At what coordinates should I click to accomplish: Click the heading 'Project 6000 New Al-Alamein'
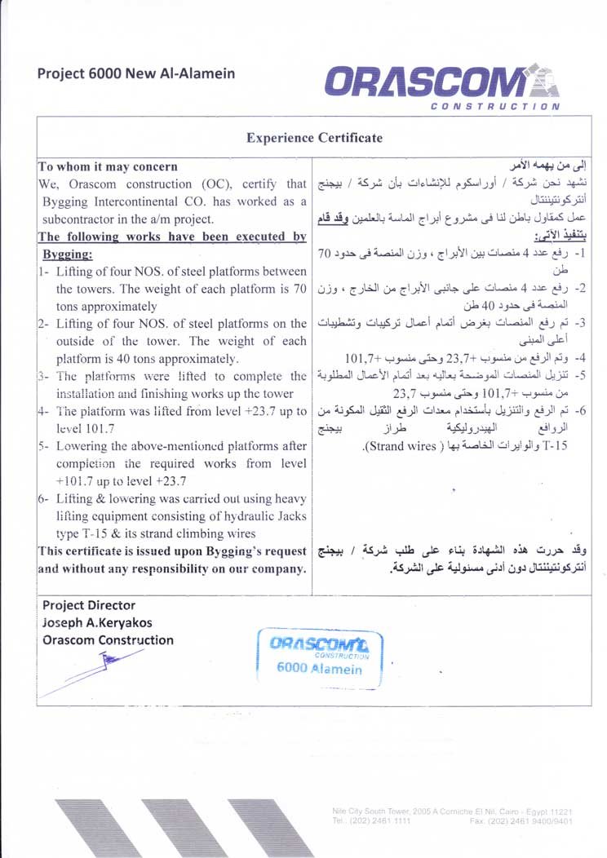[x=135, y=73]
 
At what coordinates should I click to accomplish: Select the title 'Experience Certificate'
[x=314, y=138]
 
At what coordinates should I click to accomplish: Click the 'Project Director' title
[x=89, y=605]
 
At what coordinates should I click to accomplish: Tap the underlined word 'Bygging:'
[x=68, y=254]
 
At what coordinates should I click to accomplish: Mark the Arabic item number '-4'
[x=581, y=358]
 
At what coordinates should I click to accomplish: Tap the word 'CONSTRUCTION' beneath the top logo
[x=494, y=106]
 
